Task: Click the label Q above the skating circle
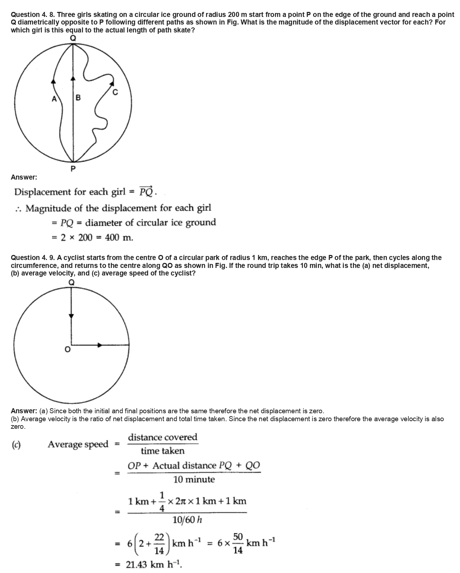click(73, 38)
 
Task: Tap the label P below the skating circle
click(73, 169)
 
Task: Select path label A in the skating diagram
click(54, 98)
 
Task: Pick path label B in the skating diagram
click(78, 97)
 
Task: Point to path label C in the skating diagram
click(115, 92)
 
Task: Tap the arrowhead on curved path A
click(54, 81)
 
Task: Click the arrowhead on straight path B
click(73, 78)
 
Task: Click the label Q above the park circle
click(71, 282)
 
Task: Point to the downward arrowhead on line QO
click(71, 316)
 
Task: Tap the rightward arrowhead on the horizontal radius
click(100, 345)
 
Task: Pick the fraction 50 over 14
click(238, 543)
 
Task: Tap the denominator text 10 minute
click(194, 480)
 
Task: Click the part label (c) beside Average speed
click(16, 445)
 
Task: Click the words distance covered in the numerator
click(163, 437)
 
